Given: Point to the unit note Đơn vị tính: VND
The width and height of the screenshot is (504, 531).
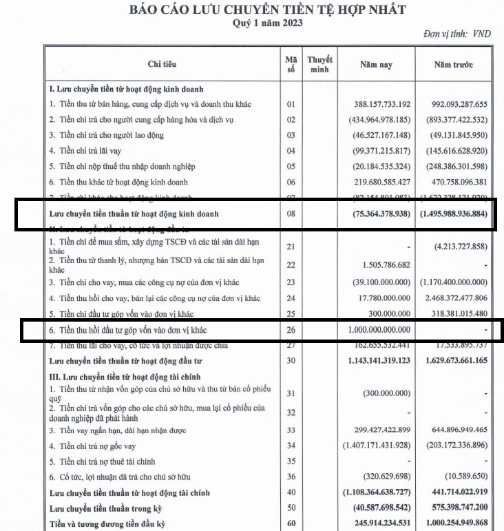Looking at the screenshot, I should (457, 33).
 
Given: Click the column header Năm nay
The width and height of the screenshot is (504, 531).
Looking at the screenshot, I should (376, 65).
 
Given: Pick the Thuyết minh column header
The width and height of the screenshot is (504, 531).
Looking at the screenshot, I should (319, 65).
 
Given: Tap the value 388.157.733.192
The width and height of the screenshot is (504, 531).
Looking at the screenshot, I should (381, 105).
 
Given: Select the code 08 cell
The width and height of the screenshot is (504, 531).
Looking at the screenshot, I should (290, 214).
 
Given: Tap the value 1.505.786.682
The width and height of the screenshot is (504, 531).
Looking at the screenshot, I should (384, 264).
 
